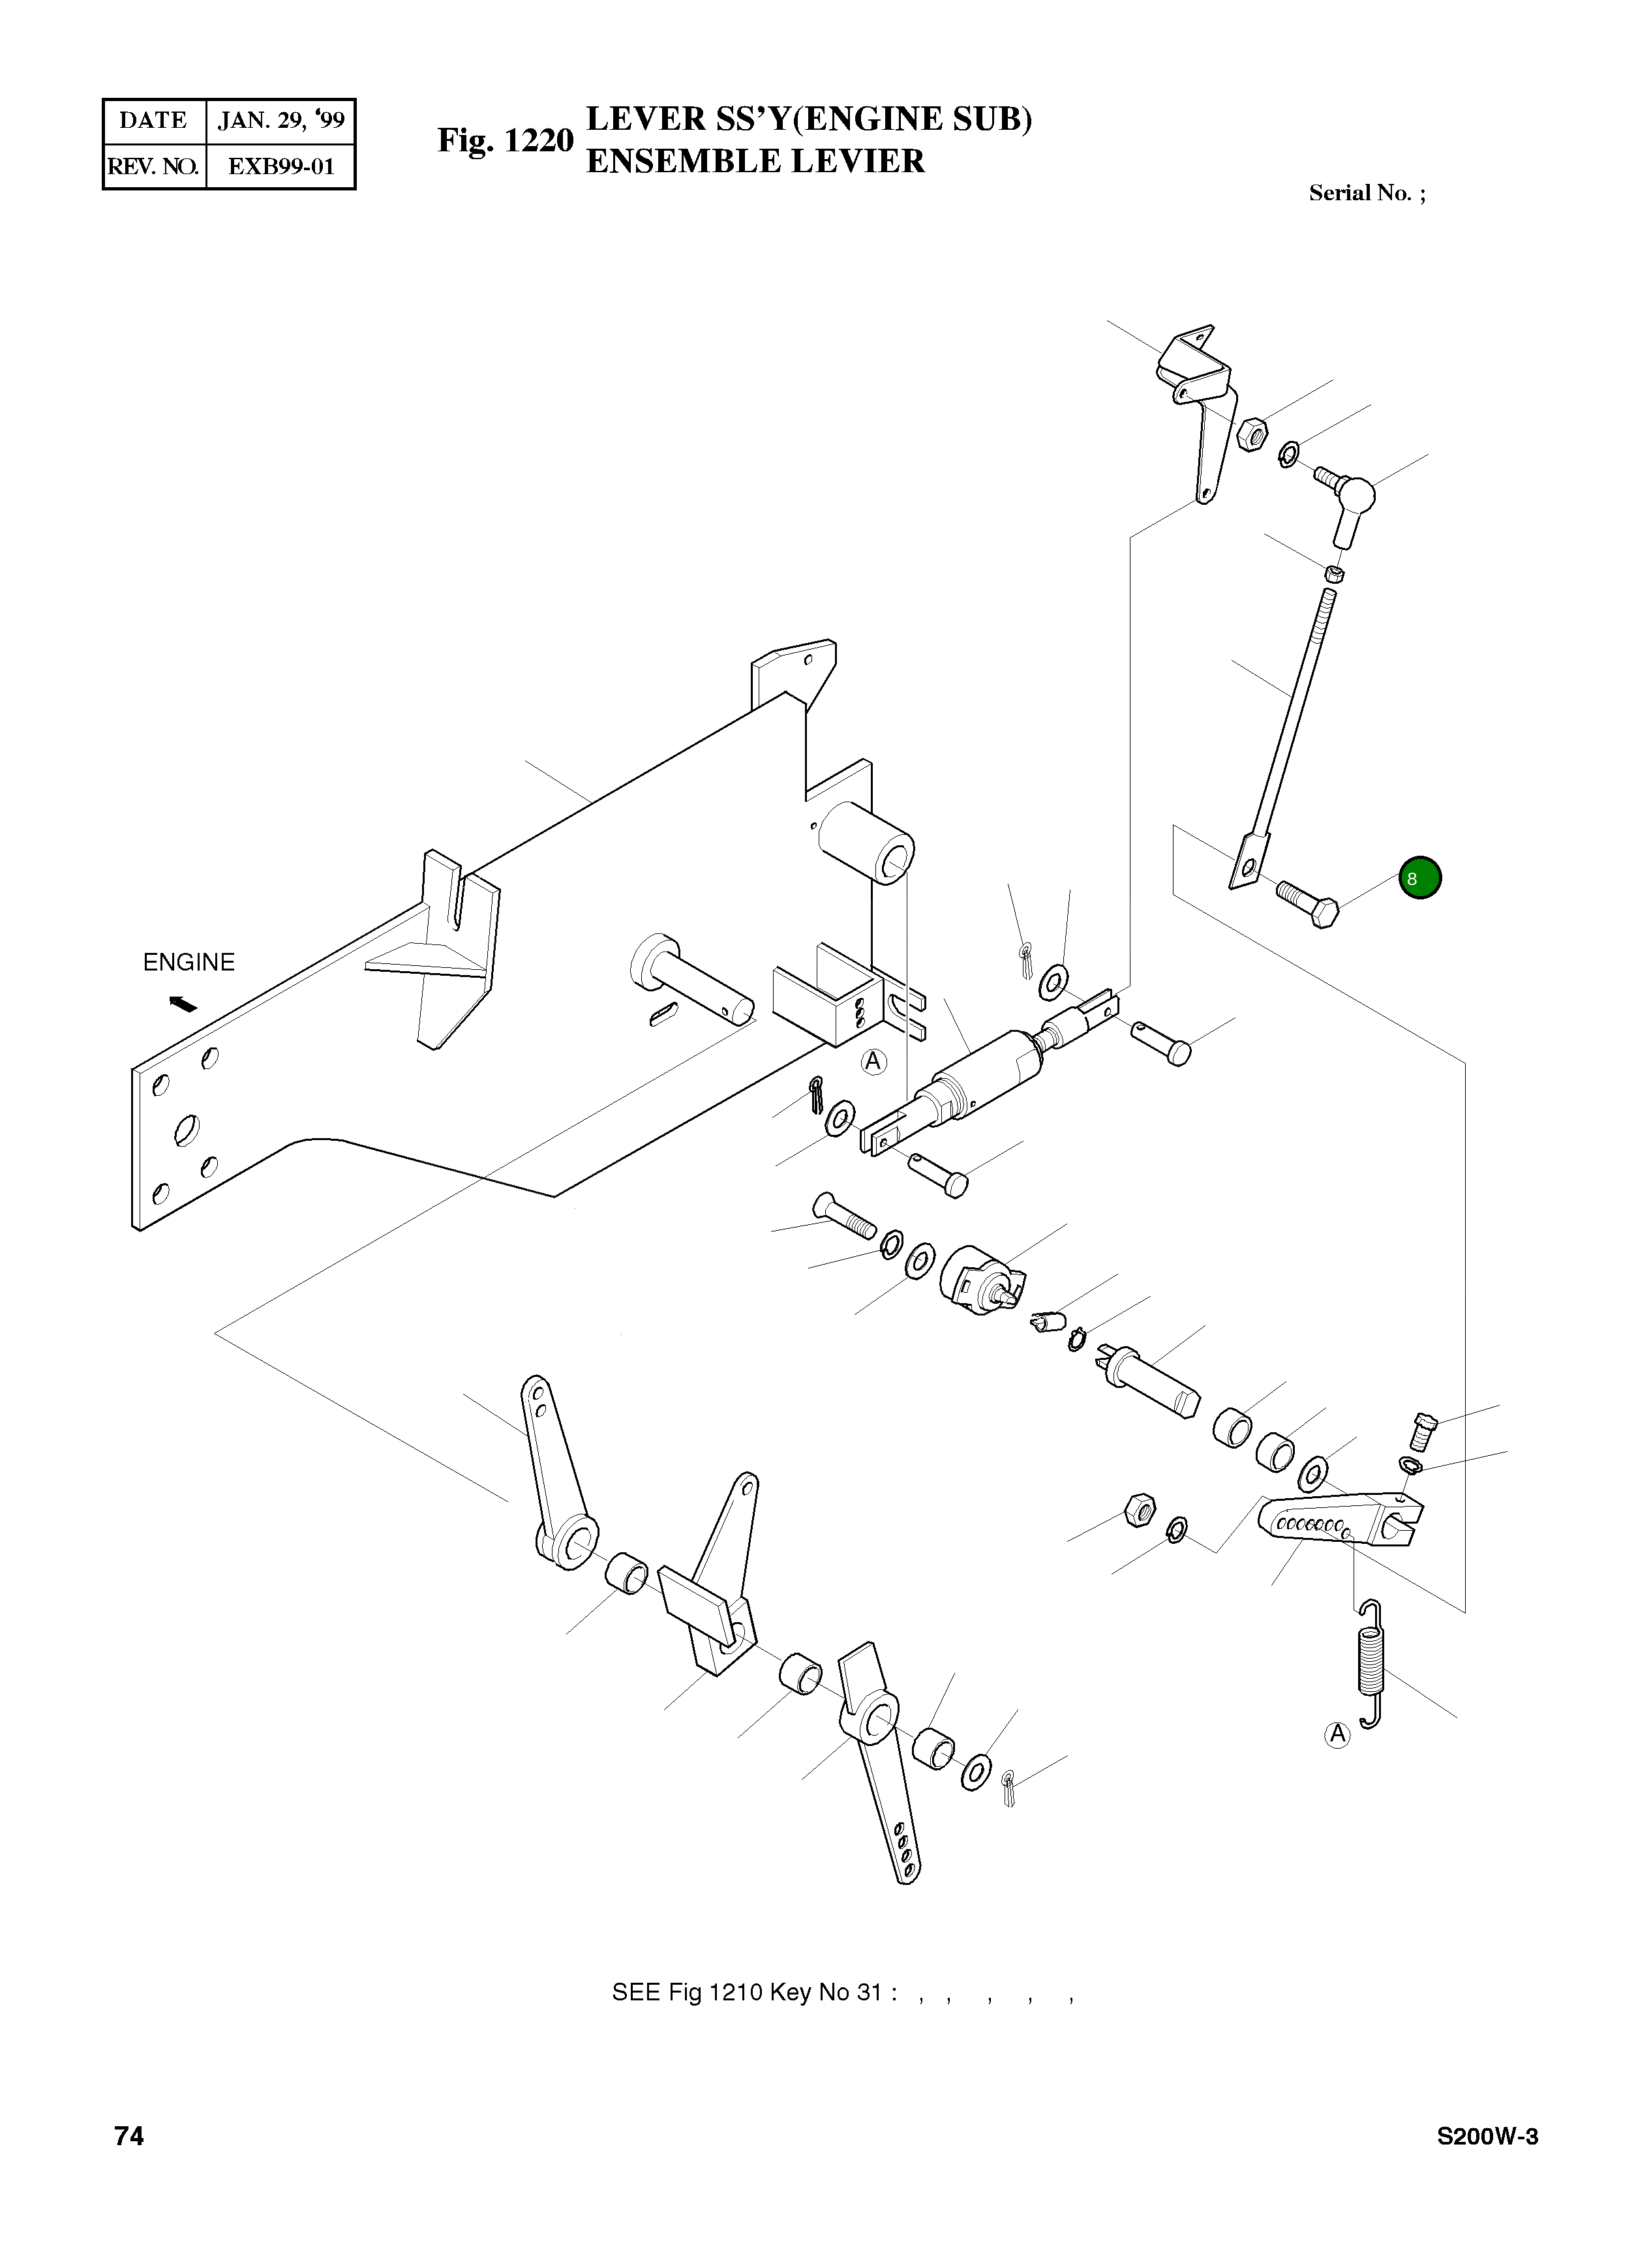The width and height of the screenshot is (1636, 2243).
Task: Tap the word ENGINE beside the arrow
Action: point(189,963)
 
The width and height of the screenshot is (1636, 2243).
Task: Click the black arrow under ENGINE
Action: point(183,1004)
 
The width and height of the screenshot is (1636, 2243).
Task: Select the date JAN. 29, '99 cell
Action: point(280,121)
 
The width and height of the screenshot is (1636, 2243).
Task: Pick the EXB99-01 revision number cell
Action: point(280,166)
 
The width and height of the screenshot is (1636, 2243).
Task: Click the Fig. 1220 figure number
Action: point(505,141)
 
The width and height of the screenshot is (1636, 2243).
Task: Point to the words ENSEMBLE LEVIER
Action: point(755,161)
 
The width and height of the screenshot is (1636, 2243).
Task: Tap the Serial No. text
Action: point(1367,193)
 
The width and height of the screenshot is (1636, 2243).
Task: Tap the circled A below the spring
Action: point(1338,1734)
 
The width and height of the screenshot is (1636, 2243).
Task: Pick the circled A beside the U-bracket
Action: point(872,1062)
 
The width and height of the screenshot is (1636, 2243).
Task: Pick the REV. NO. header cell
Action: point(153,166)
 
